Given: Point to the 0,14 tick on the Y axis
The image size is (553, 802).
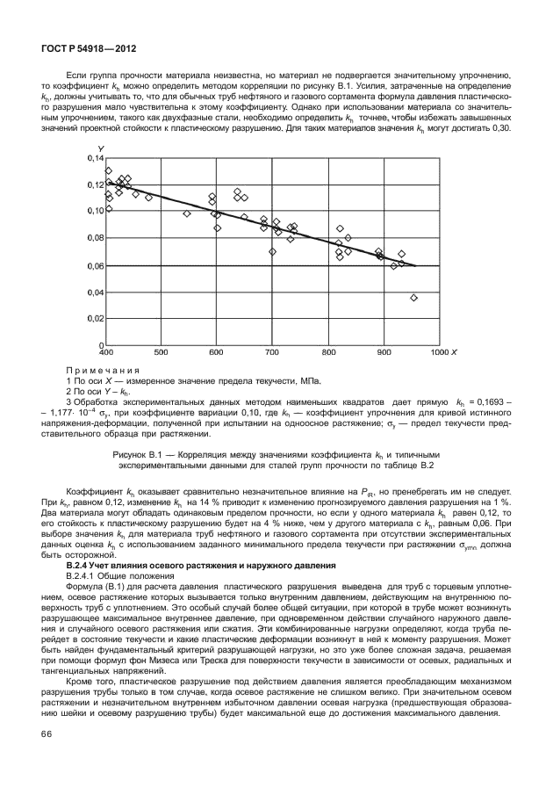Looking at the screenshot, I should [x=94, y=158].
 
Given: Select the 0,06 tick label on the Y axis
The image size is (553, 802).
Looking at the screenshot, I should [x=94, y=265].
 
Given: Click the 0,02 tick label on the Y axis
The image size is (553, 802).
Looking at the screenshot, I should [x=94, y=319].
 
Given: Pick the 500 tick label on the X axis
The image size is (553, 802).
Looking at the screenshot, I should [x=162, y=353].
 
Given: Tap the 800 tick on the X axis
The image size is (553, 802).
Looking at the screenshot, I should [x=328, y=353].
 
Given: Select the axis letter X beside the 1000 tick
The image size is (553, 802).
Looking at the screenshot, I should [x=453, y=353].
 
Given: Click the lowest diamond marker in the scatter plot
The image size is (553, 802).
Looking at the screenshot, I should [x=413, y=298].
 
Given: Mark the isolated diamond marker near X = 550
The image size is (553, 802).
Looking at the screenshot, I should [x=187, y=213].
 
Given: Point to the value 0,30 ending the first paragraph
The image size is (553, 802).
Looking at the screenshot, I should [x=501, y=129].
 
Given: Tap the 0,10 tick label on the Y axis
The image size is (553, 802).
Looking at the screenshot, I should [x=94, y=212].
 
